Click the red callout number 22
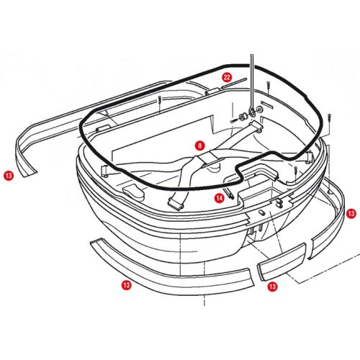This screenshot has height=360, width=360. click(x=227, y=77)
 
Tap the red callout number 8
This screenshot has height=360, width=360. click(x=200, y=145)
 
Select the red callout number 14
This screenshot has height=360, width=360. click(x=219, y=198)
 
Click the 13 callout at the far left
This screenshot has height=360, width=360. click(x=9, y=176)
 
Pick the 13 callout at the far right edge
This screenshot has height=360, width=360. click(x=351, y=213)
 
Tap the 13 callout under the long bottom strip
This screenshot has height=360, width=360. click(x=127, y=285)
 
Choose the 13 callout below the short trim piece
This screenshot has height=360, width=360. click(x=272, y=287)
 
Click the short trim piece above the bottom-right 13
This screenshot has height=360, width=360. click(x=282, y=262)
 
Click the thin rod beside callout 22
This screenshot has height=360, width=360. click(x=235, y=83)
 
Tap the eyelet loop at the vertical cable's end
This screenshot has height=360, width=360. click(x=252, y=111)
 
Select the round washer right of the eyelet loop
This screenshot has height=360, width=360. click(x=260, y=109)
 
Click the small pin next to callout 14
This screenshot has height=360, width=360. click(x=229, y=193)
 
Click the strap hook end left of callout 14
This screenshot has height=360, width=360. click(x=176, y=202)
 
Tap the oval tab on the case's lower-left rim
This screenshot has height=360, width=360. click(x=133, y=191)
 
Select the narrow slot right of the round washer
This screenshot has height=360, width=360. click(x=268, y=104)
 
